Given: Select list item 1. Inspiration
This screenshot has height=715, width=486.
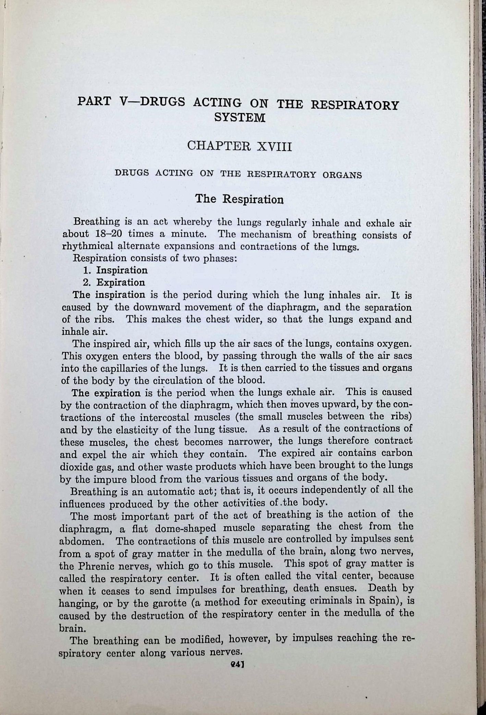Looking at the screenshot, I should [115, 270].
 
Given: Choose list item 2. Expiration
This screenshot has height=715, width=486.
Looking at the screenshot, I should [114, 282].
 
